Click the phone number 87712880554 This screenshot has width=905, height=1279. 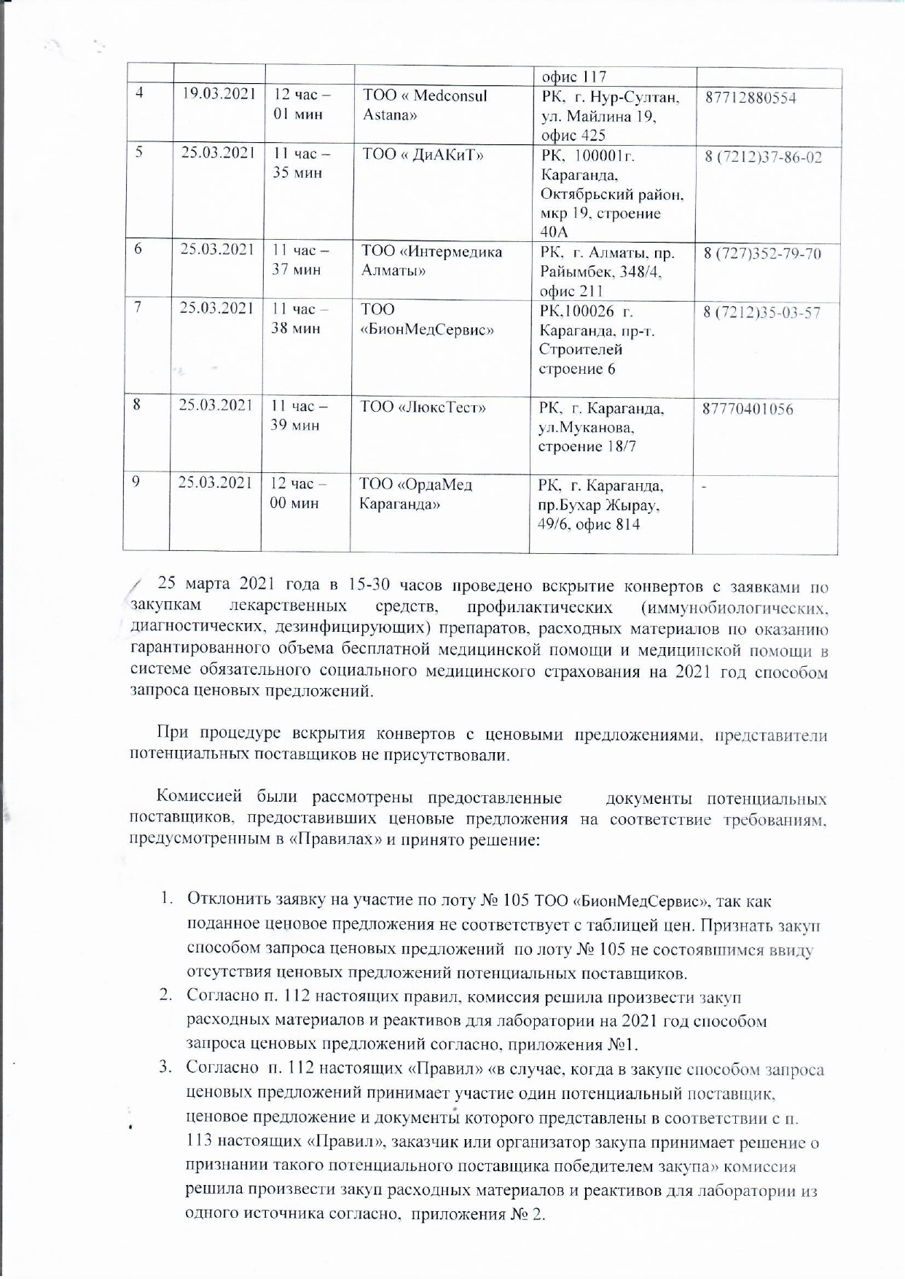coord(751,98)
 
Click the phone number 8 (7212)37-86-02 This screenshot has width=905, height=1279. coord(763,157)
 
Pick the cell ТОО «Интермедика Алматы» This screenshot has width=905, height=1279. coord(432,260)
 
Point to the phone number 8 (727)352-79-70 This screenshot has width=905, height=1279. coord(762,254)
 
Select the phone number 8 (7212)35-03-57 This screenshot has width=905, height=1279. coord(761,313)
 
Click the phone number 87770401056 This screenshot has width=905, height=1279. coord(748,409)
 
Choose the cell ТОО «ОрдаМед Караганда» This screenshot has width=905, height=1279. coord(415,494)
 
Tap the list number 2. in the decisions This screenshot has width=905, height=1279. coord(166,996)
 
